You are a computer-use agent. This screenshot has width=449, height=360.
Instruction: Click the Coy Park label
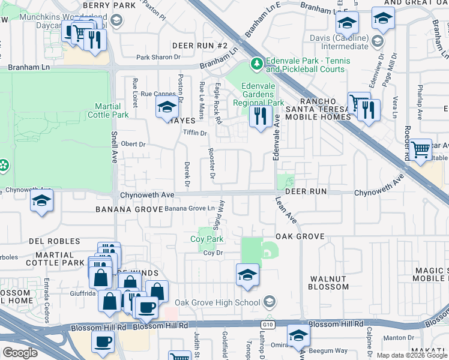pyautogui.click(x=207, y=239)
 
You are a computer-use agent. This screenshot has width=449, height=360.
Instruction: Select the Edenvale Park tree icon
pyautogui.click(x=257, y=62)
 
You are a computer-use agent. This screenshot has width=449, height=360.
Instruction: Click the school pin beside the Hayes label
pyautogui.click(x=167, y=109)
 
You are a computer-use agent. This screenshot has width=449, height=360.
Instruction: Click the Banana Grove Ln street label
pyautogui.click(x=190, y=208)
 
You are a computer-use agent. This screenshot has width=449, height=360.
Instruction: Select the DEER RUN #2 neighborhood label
pyautogui.click(x=200, y=46)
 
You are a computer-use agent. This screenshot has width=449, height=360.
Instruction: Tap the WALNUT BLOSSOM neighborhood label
pyautogui.click(x=328, y=283)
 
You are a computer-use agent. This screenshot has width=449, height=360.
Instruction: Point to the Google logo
pyautogui.click(x=20, y=353)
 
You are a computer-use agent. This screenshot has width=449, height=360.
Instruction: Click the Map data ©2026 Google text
pyautogui.click(x=411, y=355)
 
